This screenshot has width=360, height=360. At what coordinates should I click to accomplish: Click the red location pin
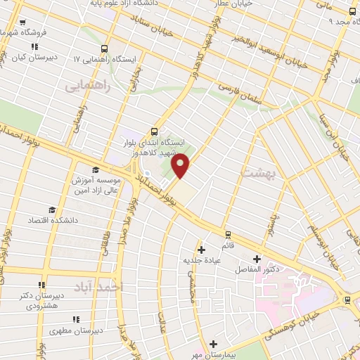pos(181,165)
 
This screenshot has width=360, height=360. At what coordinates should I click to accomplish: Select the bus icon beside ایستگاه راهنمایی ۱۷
pos(105,49)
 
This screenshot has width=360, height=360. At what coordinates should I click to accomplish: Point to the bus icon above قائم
pos(227,235)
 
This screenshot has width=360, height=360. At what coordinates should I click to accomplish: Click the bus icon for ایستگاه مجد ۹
pos(352,11)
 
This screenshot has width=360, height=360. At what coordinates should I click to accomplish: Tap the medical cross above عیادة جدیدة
pos(202,249)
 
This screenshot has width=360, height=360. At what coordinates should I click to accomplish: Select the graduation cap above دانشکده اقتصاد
pos(51,210)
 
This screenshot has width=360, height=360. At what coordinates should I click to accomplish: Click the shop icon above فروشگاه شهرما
pos(23,22)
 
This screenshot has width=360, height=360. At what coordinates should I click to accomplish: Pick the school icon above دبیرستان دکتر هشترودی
pos(41,285)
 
